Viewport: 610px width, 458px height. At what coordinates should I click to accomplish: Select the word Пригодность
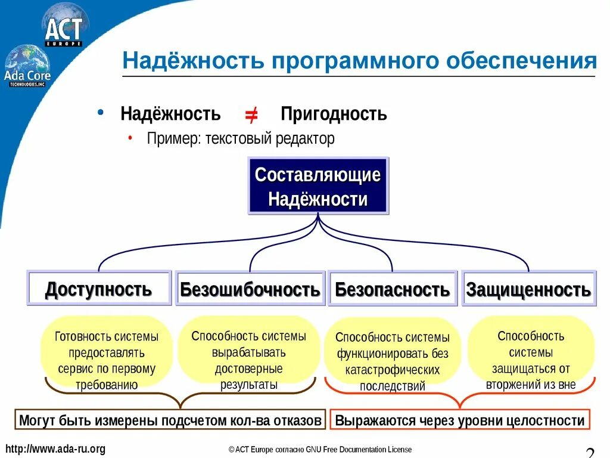334,113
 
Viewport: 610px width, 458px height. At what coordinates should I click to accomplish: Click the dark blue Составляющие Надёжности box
318,187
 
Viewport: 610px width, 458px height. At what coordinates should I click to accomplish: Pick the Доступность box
99,289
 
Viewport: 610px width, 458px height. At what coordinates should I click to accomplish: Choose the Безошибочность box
250,290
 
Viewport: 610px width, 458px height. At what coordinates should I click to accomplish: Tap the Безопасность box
393,290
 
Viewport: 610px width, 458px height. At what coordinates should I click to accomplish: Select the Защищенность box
528,290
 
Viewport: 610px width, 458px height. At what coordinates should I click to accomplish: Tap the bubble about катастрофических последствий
393,361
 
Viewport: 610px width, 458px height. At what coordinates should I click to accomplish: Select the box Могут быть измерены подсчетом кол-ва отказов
170,420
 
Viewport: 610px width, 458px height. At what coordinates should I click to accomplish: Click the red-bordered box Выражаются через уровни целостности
460,420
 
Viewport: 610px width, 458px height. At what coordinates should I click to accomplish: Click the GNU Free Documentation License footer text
319,450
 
